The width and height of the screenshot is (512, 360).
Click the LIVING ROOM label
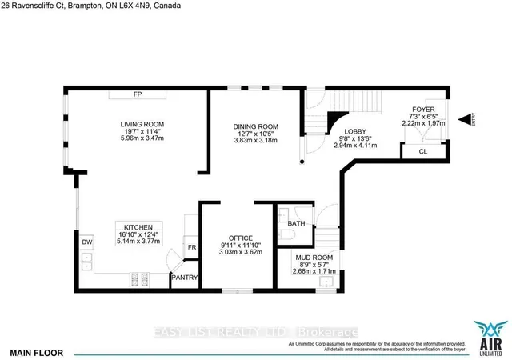point(137,124)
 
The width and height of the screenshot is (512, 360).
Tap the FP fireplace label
point(137,94)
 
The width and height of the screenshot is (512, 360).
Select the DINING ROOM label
point(255,126)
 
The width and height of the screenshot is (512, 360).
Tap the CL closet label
point(423,150)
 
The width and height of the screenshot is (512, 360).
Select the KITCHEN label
point(138,226)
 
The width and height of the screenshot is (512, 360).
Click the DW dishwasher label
point(86,241)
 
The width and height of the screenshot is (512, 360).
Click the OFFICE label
point(241,238)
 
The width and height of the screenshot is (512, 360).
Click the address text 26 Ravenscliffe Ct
point(44,6)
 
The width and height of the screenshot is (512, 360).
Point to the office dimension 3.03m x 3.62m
point(241,253)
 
